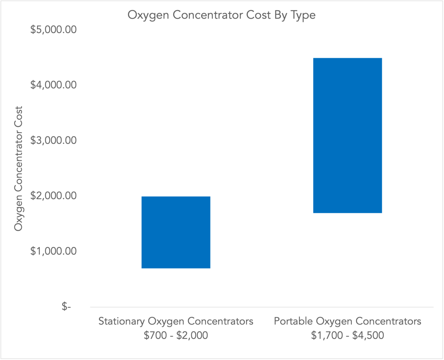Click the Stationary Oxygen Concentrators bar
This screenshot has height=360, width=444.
(176, 232)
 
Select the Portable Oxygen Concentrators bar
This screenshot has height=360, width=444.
(347, 136)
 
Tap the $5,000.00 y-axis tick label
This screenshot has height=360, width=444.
(55, 29)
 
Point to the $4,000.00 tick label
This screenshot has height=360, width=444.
(55, 85)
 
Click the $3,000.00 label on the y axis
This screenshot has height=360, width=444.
(55, 140)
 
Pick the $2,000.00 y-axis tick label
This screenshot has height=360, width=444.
(55, 196)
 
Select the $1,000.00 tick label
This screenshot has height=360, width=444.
(55, 251)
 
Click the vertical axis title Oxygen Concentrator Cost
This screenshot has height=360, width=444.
(18, 169)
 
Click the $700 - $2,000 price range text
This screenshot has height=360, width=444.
(176, 335)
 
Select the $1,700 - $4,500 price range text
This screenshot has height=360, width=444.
(347, 335)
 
